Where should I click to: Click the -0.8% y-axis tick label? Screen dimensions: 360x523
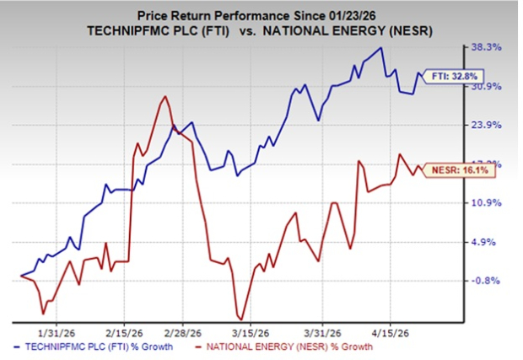pos(488,281)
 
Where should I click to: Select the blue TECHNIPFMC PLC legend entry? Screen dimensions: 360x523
pos(91,347)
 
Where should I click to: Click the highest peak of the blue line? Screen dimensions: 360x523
pos(382,47)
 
